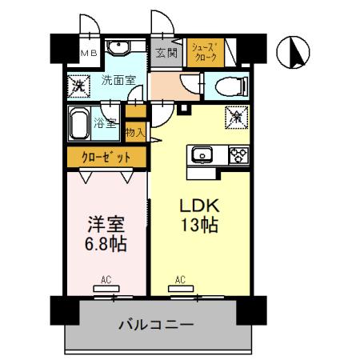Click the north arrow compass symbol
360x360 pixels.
(293, 52)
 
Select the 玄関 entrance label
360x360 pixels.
(166, 54)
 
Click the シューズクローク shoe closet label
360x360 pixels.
(204, 54)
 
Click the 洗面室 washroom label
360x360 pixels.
(118, 80)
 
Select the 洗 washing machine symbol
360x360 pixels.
(79, 83)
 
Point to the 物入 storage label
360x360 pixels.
(135, 133)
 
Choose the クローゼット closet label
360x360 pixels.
(103, 158)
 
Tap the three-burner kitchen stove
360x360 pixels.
(238, 155)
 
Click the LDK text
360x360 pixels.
(200, 205)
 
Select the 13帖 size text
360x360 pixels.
(200, 226)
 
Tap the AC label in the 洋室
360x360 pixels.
(106, 280)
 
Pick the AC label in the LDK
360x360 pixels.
(181, 280)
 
